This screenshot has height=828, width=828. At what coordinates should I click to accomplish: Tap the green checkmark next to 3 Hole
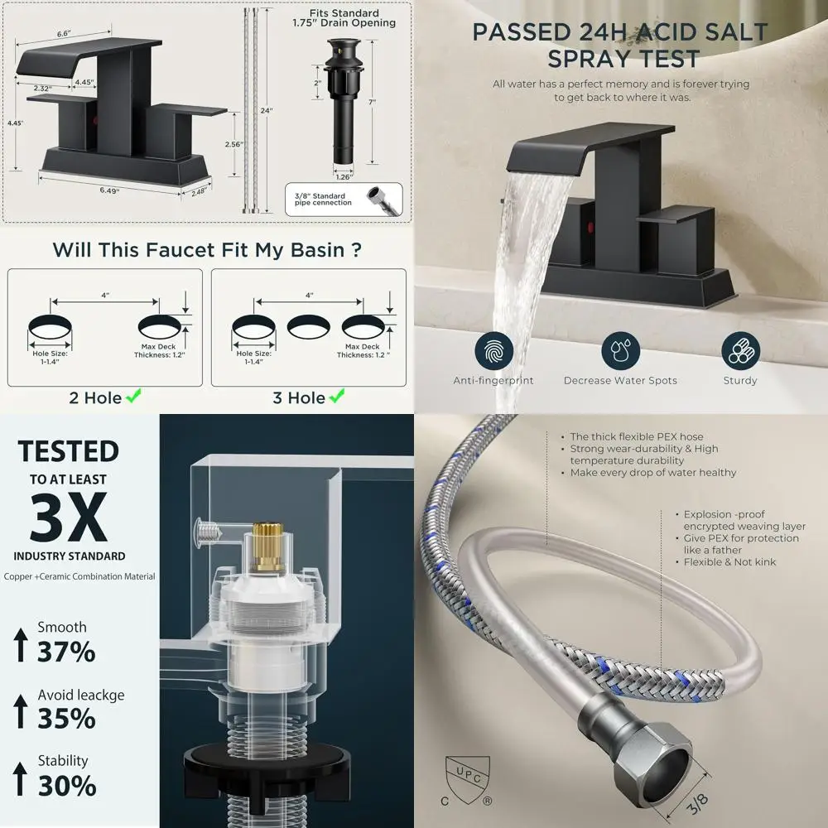(x=337, y=398)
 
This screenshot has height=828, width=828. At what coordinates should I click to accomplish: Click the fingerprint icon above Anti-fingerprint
(x=493, y=351)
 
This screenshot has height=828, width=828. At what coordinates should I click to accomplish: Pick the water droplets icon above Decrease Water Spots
(x=620, y=351)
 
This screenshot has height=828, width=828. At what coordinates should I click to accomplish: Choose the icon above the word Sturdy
(x=739, y=351)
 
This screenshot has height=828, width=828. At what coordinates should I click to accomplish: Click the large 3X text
(x=69, y=517)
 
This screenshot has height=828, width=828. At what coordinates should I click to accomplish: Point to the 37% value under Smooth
(x=66, y=652)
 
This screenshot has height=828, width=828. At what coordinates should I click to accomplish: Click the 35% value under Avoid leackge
(x=66, y=718)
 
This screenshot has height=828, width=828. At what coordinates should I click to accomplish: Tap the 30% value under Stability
(x=66, y=784)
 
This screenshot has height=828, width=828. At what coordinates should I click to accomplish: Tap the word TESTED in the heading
(x=69, y=452)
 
